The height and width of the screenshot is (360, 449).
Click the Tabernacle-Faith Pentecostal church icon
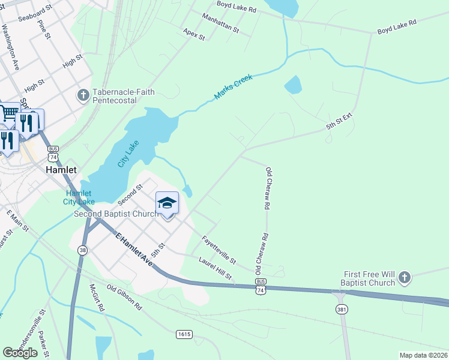[83, 95]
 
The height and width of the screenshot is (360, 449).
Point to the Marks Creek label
[234, 88]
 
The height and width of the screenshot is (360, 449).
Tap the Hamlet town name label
[61, 170]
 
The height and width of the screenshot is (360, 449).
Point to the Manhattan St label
[220, 23]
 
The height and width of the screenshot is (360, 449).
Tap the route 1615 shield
[184, 334]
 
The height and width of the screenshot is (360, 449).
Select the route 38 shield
[82, 251]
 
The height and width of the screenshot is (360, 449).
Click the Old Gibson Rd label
[124, 297]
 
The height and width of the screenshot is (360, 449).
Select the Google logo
[20, 353]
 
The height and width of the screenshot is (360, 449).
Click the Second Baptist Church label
[116, 214]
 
